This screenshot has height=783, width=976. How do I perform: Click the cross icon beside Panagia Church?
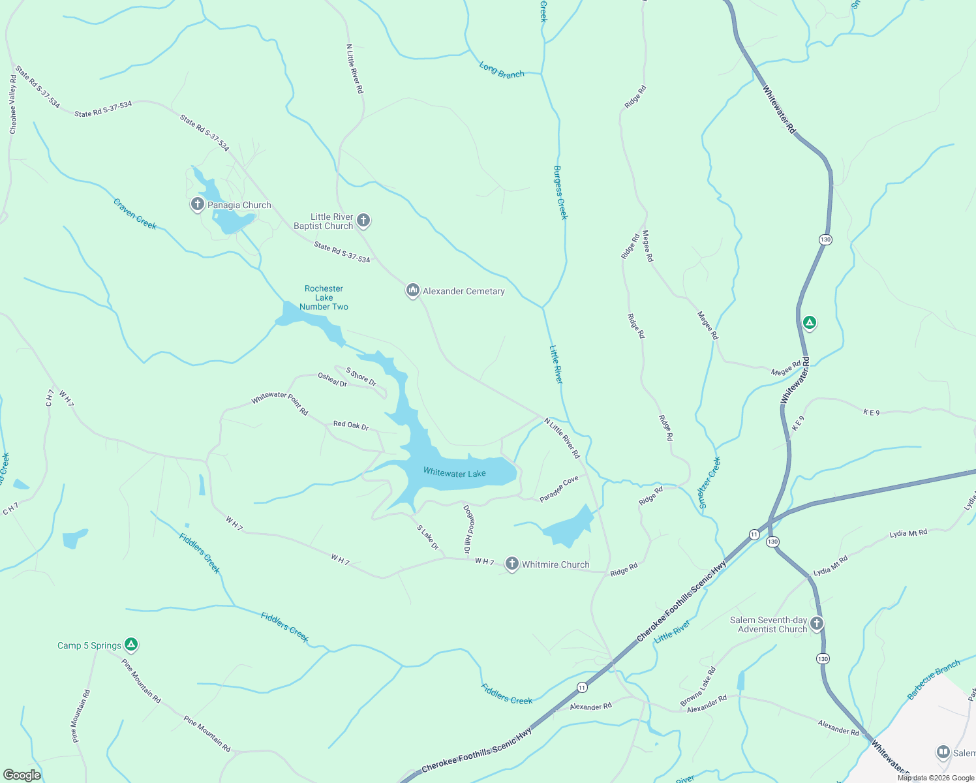(x=197, y=204)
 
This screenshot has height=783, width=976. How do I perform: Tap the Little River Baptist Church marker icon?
(x=363, y=221)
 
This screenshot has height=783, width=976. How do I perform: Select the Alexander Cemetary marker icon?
(x=412, y=290)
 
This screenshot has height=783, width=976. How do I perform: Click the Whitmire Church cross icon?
(x=512, y=564)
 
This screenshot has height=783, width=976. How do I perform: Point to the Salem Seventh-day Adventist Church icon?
(x=816, y=624)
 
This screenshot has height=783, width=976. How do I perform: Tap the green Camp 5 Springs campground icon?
(x=131, y=645)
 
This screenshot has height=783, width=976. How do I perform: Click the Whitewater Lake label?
(x=454, y=472)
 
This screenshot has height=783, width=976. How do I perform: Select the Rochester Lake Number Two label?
(x=324, y=298)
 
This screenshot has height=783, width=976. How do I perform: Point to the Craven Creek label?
(x=135, y=214)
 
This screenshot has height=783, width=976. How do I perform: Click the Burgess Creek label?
(x=560, y=192)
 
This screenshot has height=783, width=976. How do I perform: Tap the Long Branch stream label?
(x=502, y=70)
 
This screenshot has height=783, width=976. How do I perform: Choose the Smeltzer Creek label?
(x=710, y=483)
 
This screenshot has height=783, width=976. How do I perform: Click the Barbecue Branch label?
(x=934, y=680)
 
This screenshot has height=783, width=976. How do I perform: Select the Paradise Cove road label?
(x=559, y=489)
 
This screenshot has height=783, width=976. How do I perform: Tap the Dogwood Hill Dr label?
(x=468, y=529)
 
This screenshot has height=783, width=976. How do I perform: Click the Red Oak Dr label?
(x=351, y=425)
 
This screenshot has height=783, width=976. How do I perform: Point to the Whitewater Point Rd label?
(x=280, y=403)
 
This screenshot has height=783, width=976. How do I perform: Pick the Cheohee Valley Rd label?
(x=13, y=104)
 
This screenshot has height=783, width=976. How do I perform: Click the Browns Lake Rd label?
(x=698, y=686)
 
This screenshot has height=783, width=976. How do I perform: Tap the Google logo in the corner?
(x=22, y=775)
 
